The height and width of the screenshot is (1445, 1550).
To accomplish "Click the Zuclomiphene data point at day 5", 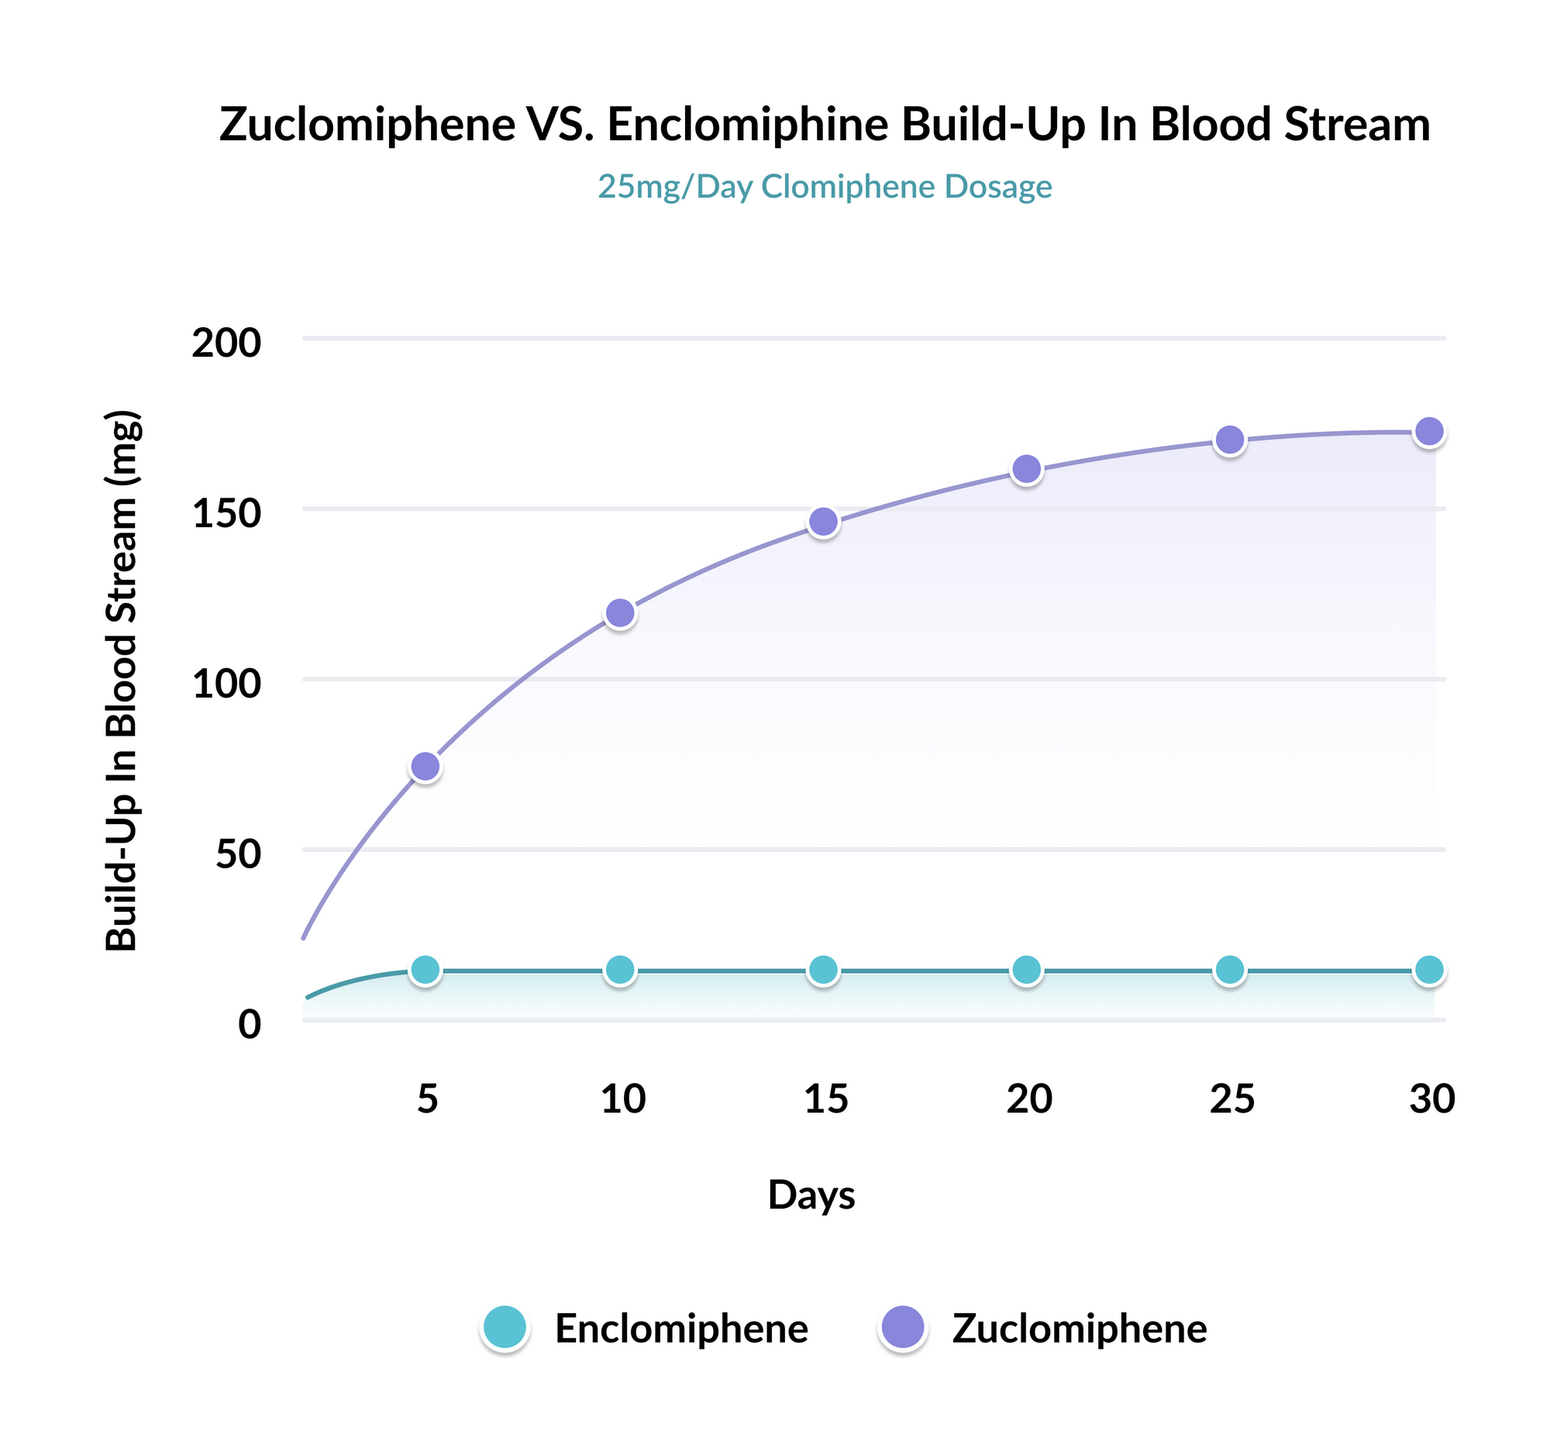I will point(425,767).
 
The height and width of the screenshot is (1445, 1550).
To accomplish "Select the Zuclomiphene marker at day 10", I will point(620,614).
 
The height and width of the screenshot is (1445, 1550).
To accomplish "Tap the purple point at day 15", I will point(823,522).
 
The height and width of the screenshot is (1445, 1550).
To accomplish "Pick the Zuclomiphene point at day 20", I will point(1027,470).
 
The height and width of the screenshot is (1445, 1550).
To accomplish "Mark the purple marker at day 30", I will point(1429,431).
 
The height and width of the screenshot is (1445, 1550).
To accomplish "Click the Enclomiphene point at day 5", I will point(425,970).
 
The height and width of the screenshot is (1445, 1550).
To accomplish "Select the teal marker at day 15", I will point(823,970).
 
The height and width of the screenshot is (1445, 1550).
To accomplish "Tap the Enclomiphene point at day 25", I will point(1230,970).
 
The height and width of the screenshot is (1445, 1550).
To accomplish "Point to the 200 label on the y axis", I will point(226,343).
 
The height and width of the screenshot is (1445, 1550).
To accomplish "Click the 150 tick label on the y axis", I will point(226,513).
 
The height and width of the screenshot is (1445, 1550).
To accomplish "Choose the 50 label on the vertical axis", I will point(238,854).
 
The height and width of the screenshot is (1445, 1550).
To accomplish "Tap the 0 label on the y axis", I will point(250,1024).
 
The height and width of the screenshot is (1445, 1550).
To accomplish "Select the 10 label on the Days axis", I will point(623,1099).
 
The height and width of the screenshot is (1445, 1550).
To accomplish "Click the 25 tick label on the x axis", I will point(1232,1099).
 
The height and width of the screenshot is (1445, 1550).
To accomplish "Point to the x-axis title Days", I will point(811,1195).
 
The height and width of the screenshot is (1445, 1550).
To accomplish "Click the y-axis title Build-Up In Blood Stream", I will point(122,680).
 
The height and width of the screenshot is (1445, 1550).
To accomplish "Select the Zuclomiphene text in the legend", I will point(1079,1329).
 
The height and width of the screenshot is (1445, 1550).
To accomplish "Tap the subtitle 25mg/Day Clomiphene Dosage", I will point(824,187).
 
